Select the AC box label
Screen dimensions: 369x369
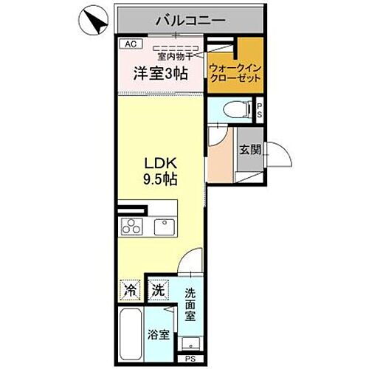(x=130, y=44)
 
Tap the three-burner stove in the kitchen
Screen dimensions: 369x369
(x=131, y=227)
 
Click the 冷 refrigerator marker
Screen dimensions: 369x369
(x=131, y=291)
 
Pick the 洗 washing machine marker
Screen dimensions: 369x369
(x=157, y=291)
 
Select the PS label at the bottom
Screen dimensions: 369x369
(x=190, y=359)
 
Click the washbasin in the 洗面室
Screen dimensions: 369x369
(x=190, y=343)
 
